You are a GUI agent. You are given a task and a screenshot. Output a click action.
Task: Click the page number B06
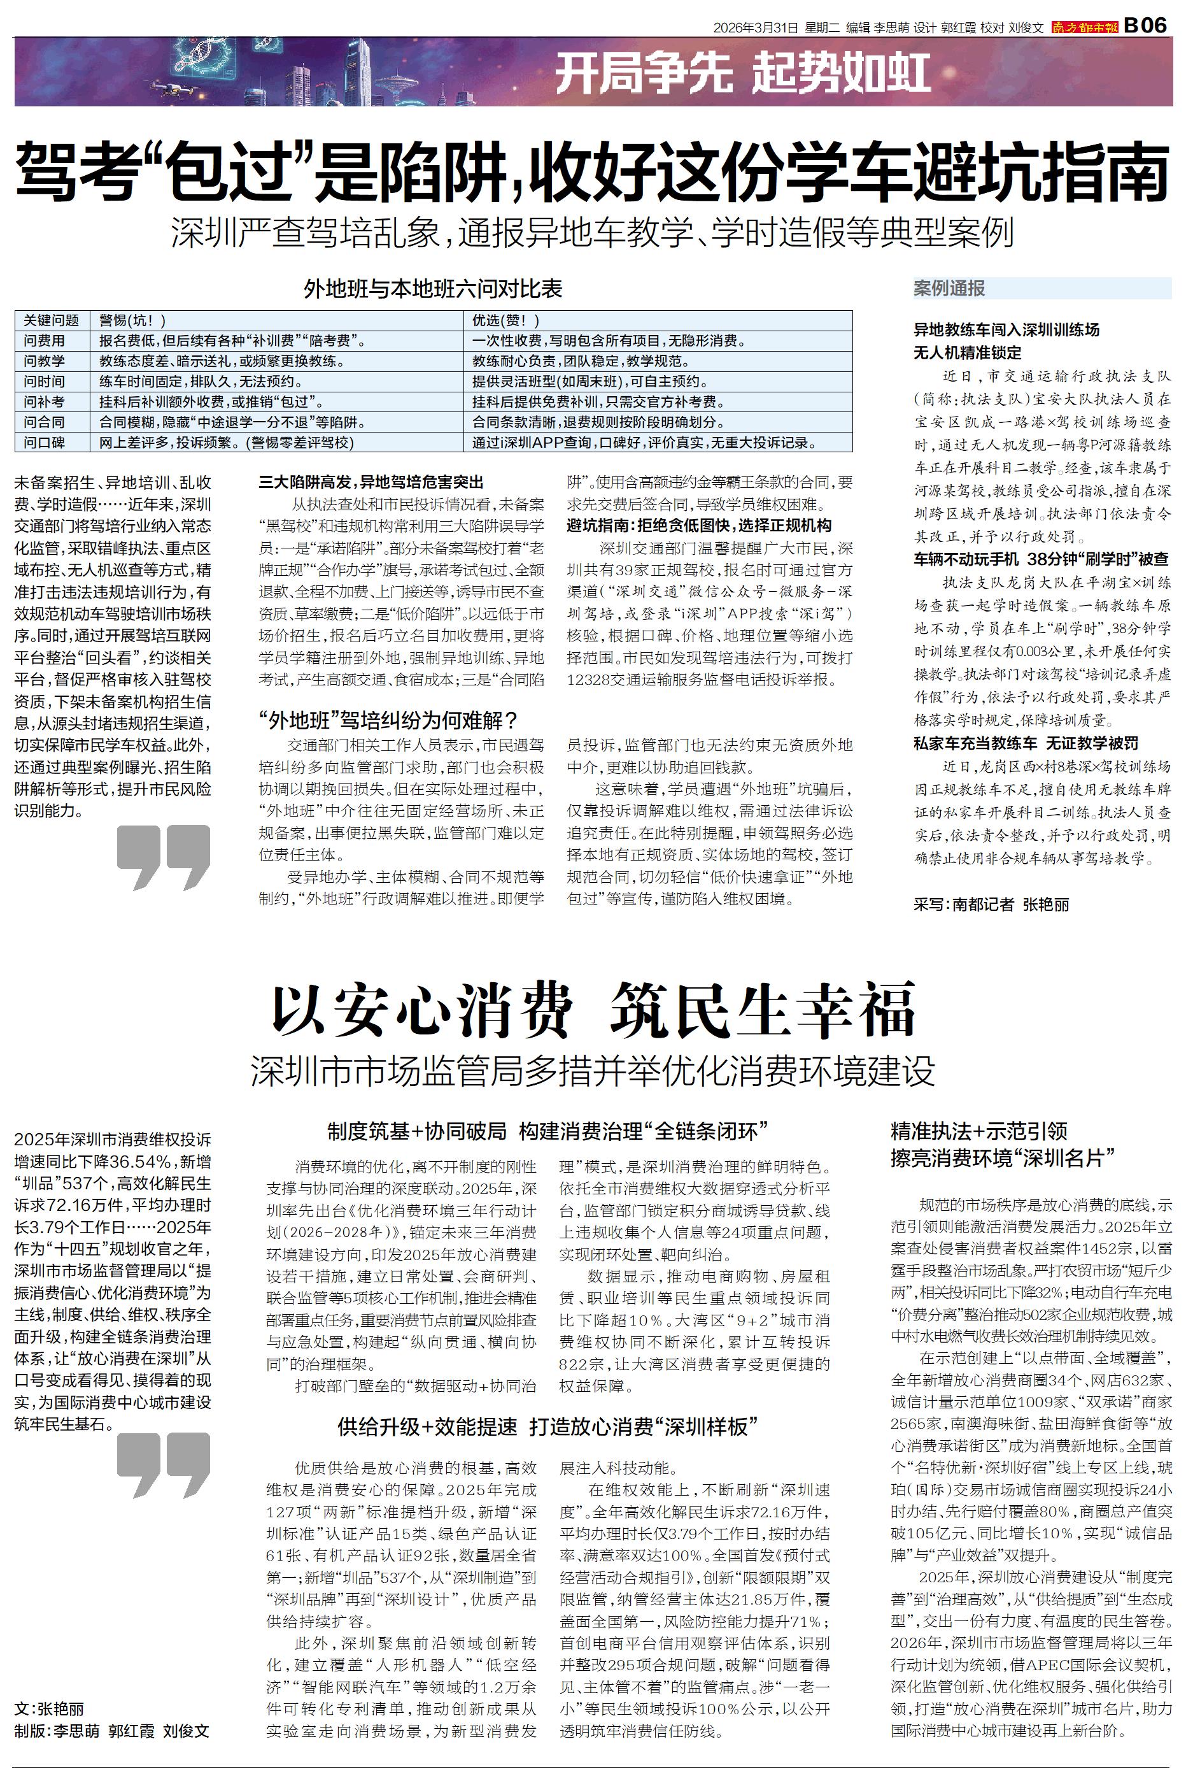[1146, 25]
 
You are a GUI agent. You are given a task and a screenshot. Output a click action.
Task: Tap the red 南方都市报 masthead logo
[1084, 27]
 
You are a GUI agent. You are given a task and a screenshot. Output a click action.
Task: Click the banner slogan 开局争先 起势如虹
[743, 74]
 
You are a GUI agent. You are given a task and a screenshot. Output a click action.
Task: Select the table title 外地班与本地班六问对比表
[433, 289]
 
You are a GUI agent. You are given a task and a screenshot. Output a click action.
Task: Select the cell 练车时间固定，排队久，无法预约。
[201, 382]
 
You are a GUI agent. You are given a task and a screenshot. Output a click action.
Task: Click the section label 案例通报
[949, 289]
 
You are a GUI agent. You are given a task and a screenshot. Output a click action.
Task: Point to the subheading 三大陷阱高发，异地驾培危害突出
[371, 482]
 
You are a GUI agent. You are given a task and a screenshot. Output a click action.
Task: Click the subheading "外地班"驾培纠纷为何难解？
[388, 720]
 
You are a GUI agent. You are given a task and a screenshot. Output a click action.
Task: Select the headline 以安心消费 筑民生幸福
[593, 1009]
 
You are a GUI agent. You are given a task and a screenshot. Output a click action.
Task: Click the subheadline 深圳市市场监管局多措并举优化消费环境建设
[593, 1071]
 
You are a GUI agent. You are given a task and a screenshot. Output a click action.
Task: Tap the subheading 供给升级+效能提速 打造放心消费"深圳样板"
[548, 1427]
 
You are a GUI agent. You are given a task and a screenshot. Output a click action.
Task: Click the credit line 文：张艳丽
[49, 1708]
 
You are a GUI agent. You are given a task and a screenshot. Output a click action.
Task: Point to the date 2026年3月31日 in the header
[756, 28]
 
